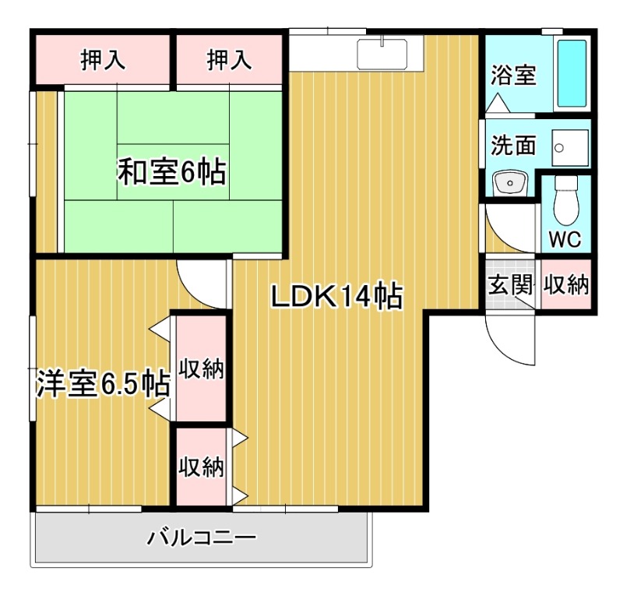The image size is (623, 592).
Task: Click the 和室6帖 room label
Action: (x=171, y=171)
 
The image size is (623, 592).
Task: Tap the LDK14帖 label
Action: (x=336, y=296)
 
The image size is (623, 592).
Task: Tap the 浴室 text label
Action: (x=513, y=76)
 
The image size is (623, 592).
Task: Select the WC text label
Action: (x=565, y=239)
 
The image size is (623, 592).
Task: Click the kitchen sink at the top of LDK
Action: (x=382, y=54)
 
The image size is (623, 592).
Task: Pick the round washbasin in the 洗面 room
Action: (x=509, y=184)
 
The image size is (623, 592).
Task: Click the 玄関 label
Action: (x=509, y=284)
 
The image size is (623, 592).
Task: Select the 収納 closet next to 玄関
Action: (x=565, y=284)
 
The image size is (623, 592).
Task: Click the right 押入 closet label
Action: (x=230, y=59)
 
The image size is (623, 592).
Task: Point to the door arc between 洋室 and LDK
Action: (x=200, y=282)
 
